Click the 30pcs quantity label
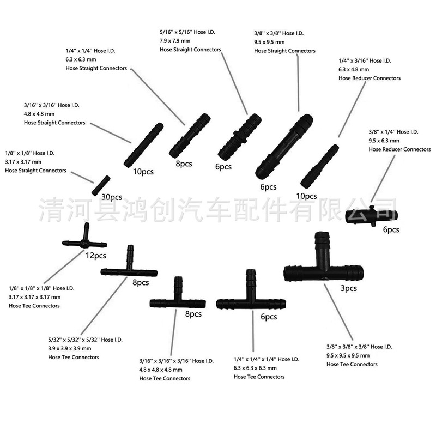pos(112,197)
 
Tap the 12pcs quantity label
pos(96,256)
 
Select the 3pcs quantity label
pos(349,288)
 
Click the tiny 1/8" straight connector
pos(101,185)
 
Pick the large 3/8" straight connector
pos(284,146)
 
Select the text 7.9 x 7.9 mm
pos(175,41)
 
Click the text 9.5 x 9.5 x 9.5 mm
pos(348,356)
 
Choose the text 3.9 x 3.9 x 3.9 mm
pos(70,348)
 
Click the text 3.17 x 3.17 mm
pos(23,162)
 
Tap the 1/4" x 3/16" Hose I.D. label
pos(365,61)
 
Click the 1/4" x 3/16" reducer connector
pos(320,166)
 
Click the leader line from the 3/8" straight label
pos(298,83)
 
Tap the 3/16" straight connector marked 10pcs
pos(143,145)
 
